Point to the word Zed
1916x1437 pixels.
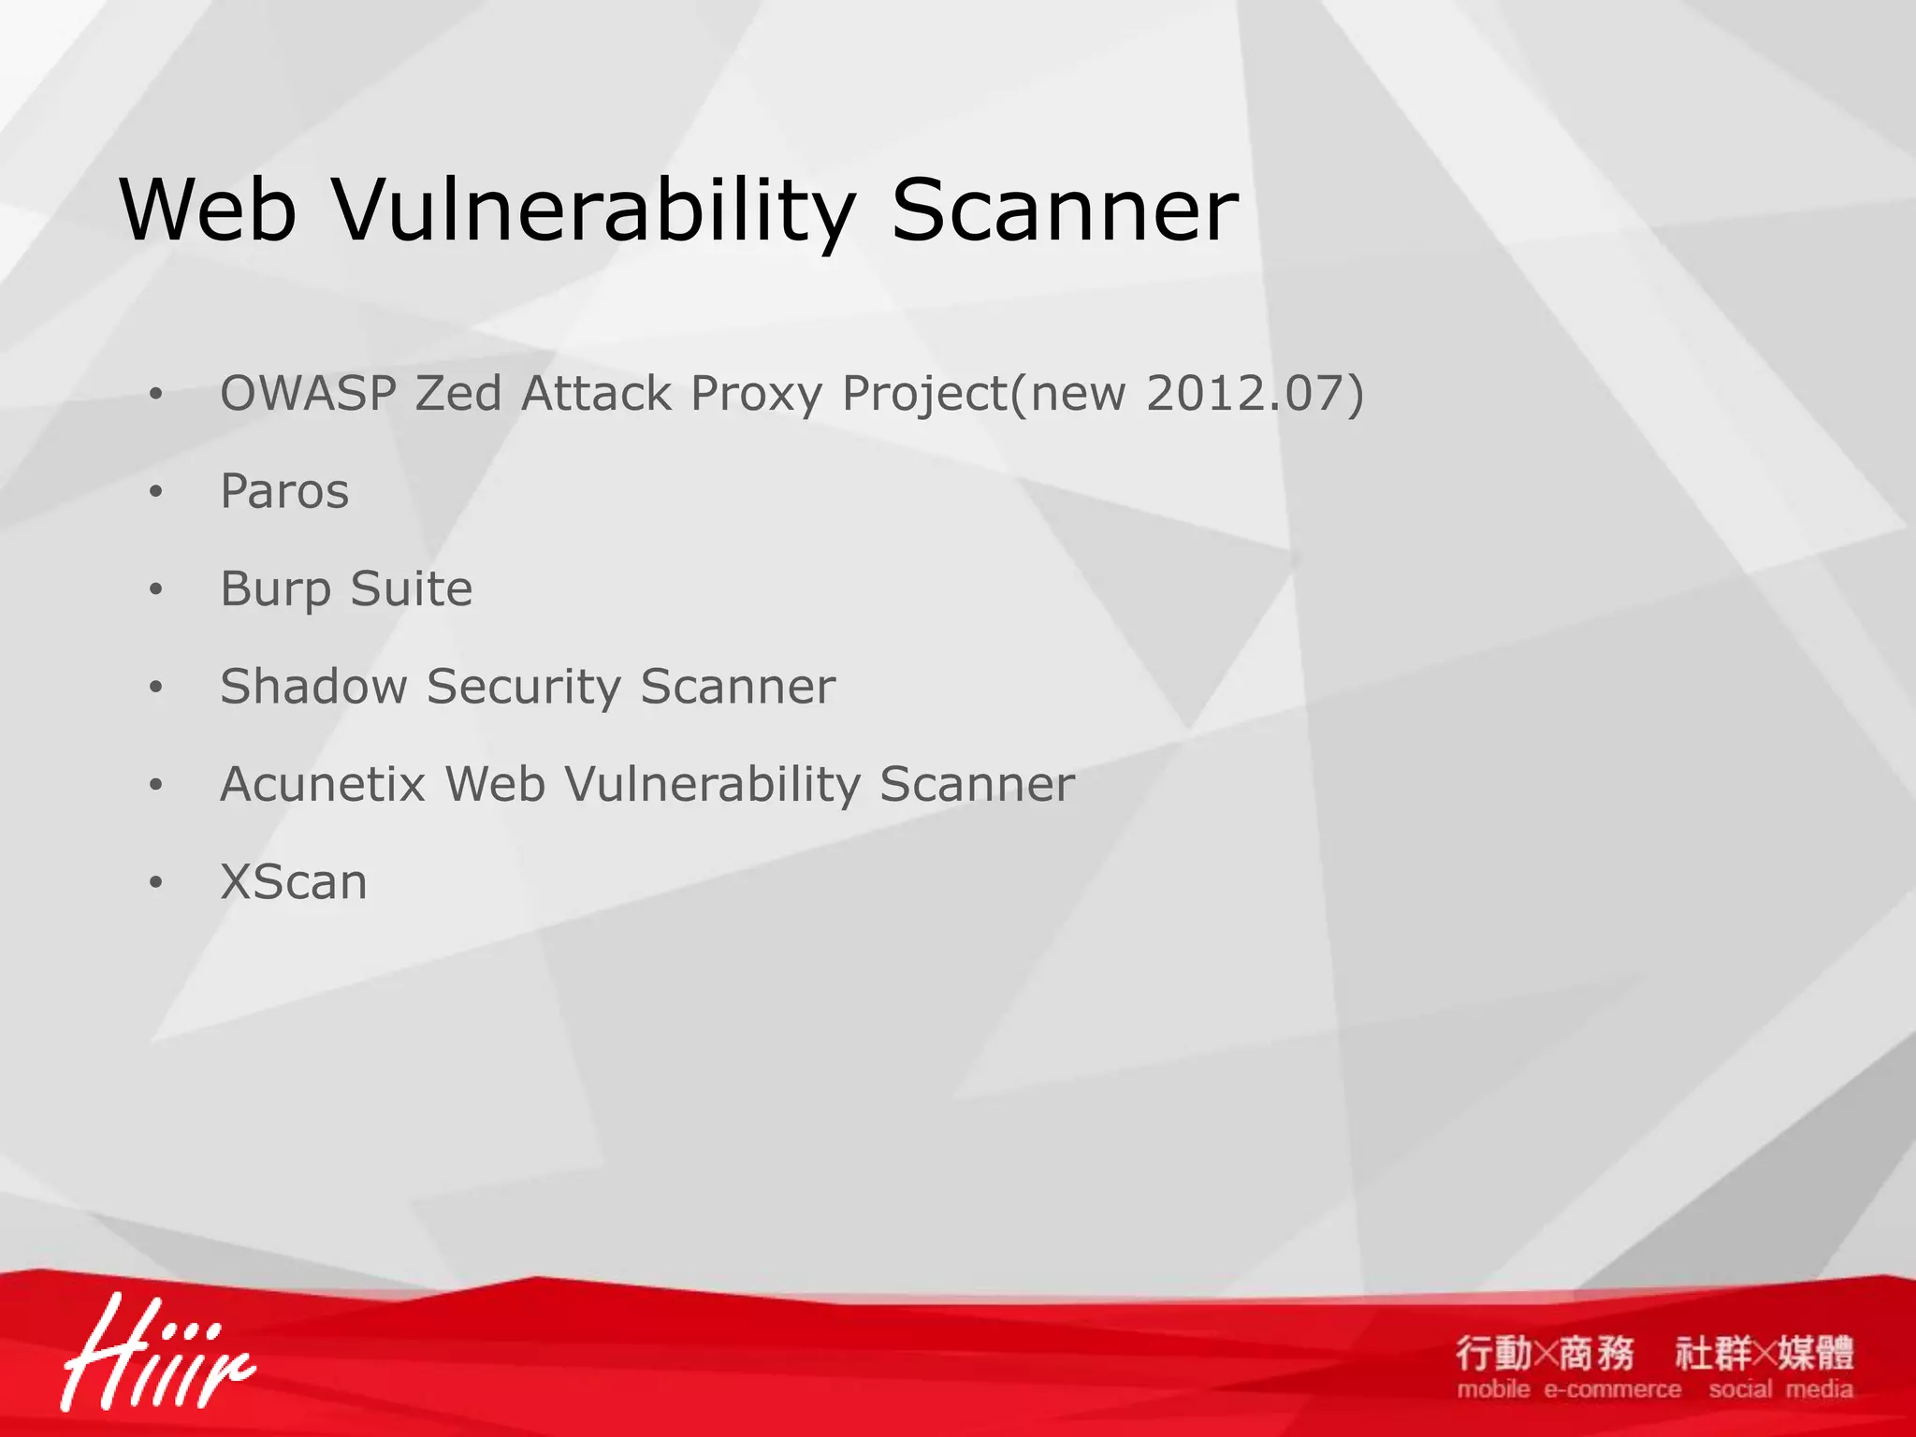pyautogui.click(x=458, y=393)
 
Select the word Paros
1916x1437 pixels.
pyautogui.click(x=284, y=491)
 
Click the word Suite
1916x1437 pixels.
pyautogui.click(x=412, y=588)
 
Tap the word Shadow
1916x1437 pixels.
pyautogui.click(x=313, y=687)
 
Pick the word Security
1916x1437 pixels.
pyautogui.click(x=524, y=689)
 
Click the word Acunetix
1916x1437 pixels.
pyautogui.click(x=323, y=784)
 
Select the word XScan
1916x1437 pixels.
pyautogui.click(x=294, y=882)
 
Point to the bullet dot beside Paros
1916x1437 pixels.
pyautogui.click(x=155, y=491)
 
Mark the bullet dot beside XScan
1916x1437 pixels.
pyautogui.click(x=155, y=882)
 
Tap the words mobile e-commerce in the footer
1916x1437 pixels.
pyautogui.click(x=1568, y=1390)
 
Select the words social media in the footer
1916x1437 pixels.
pyautogui.click(x=1780, y=1390)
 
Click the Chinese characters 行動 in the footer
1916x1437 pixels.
pyautogui.click(x=1494, y=1353)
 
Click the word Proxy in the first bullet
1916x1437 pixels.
pyautogui.click(x=756, y=395)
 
